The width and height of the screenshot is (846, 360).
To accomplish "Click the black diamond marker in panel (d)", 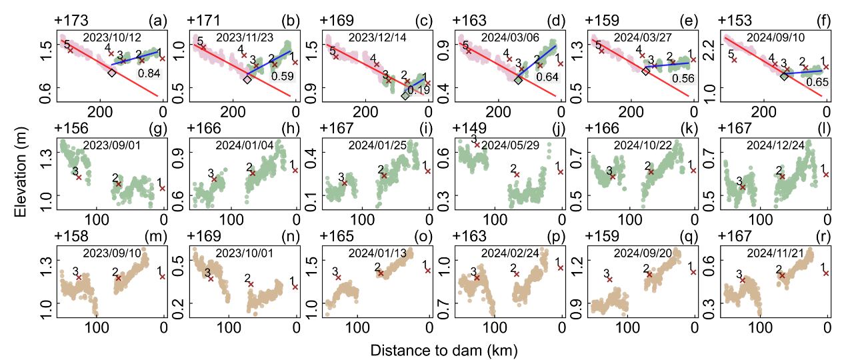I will click(x=518, y=79).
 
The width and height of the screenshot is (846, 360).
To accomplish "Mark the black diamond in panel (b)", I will click(x=247, y=79).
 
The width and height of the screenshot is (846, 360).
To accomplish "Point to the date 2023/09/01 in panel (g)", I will click(x=110, y=145).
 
